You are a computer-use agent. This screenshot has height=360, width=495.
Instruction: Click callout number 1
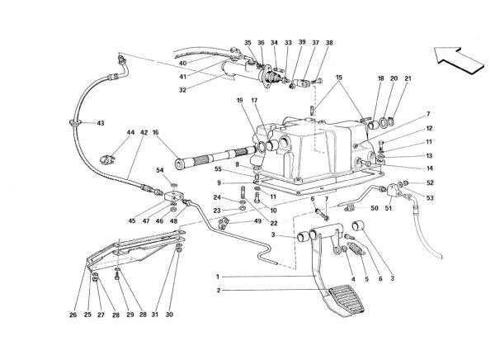217,276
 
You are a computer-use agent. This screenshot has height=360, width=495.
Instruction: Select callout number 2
217,290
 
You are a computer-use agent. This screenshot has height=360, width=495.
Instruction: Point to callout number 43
101,124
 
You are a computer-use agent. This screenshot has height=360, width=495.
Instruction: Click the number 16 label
155,132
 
